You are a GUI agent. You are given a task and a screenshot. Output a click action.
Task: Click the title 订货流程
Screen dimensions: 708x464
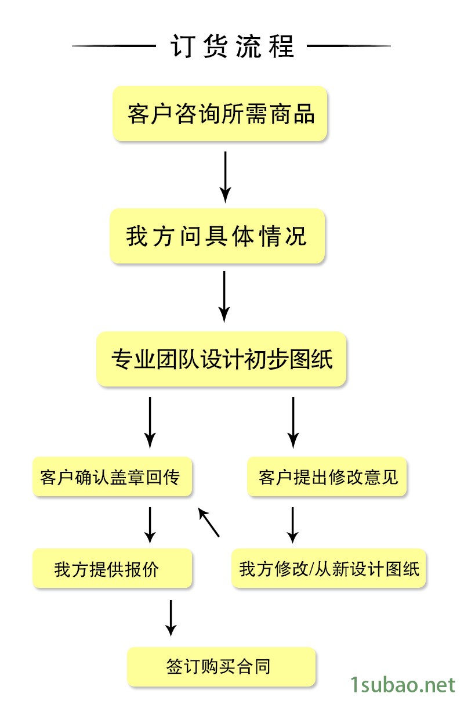(x=232, y=46)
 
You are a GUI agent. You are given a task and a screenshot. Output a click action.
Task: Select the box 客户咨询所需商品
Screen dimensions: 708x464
(x=220, y=114)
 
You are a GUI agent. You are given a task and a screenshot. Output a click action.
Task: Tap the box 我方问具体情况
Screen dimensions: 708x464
(x=217, y=237)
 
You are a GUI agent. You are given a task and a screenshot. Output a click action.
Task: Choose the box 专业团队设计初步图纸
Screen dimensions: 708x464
(x=222, y=359)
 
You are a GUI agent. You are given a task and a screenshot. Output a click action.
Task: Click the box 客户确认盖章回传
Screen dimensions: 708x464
(x=112, y=477)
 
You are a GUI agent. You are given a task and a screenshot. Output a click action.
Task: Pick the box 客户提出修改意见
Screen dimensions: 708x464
(x=328, y=477)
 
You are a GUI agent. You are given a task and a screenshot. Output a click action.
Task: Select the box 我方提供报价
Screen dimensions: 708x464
(x=112, y=569)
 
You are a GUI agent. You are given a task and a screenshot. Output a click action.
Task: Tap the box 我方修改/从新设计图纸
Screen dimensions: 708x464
(x=329, y=569)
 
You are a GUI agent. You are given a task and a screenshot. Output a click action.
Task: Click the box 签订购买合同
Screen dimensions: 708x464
(x=222, y=667)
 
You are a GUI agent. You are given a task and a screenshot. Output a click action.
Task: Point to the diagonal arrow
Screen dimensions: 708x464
(x=209, y=522)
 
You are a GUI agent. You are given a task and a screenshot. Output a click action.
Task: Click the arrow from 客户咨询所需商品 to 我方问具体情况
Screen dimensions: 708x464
(x=226, y=176)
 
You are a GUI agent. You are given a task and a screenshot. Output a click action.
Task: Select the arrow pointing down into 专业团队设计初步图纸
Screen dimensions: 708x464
(x=224, y=296)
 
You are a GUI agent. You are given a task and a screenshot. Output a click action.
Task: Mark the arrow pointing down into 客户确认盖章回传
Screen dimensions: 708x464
(x=150, y=422)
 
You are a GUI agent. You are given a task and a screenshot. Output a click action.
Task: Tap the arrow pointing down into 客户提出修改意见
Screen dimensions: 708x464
(x=293, y=422)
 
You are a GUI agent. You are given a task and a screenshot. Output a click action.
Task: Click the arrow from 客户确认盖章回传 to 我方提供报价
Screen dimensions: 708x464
(x=150, y=525)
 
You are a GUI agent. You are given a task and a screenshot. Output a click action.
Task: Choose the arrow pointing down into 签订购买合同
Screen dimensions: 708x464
(x=171, y=617)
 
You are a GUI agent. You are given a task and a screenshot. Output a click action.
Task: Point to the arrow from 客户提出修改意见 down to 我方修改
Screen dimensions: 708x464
(x=293, y=525)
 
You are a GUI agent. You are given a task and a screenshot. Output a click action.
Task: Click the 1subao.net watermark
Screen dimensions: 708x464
(x=404, y=685)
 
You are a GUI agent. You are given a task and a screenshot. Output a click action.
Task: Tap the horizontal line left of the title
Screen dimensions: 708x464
(x=111, y=45)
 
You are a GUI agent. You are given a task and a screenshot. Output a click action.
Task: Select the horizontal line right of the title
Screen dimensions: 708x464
(x=349, y=45)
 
